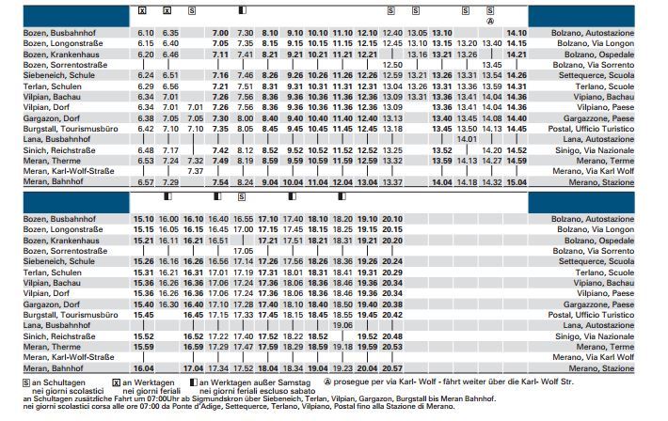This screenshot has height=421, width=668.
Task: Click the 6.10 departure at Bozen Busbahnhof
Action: (145, 34)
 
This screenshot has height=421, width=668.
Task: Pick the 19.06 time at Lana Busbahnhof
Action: (342, 324)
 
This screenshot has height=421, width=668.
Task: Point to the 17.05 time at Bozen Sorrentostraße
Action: (244, 251)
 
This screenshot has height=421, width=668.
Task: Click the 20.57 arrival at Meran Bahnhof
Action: (392, 369)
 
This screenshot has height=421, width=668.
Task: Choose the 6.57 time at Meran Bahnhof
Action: (145, 182)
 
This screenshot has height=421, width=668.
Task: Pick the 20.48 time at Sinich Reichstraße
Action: (392, 335)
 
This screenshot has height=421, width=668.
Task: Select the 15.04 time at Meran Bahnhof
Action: (517, 182)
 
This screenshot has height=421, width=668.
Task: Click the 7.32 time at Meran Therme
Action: (196, 161)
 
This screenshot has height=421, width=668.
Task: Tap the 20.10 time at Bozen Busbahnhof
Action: (392, 219)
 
